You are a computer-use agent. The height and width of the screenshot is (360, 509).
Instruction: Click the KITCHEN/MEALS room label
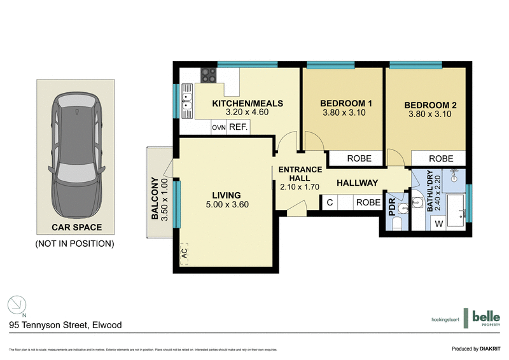tap(247, 104)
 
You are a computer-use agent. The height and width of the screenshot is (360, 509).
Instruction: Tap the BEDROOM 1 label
tap(345, 104)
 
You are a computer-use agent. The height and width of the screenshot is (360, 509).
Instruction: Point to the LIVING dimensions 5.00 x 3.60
tap(227, 205)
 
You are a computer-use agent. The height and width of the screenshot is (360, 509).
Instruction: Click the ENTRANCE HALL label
tap(300, 174)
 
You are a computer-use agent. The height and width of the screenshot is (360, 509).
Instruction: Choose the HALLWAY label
tap(357, 183)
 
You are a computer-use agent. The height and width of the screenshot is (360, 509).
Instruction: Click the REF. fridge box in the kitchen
tap(238, 127)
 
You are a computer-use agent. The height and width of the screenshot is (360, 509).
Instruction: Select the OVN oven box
tap(219, 128)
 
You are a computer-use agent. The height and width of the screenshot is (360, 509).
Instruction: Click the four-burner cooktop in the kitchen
tap(208, 75)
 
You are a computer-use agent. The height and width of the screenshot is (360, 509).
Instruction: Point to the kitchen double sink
tap(188, 102)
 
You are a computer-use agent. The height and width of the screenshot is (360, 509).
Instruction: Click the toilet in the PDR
tap(395, 223)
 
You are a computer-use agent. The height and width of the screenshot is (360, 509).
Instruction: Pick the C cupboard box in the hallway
tap(330, 203)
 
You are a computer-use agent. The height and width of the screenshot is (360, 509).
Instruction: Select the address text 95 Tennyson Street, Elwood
tap(65, 324)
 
